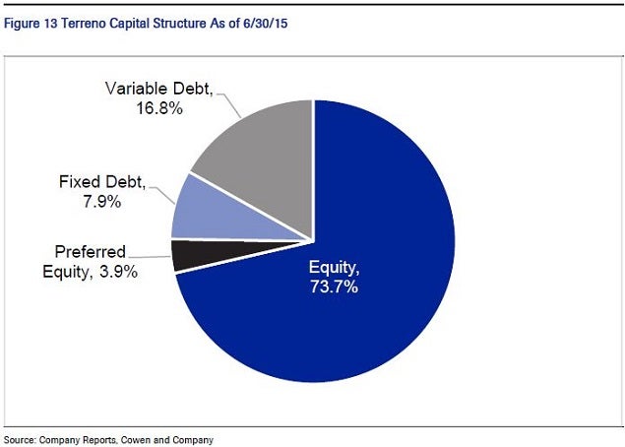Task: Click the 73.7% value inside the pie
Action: pos(334,287)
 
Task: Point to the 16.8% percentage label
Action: pos(159,108)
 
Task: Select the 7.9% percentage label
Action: pos(102,202)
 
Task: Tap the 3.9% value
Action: pos(118,272)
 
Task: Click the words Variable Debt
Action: pos(158,89)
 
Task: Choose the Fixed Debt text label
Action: pos(102,182)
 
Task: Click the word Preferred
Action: pos(91,252)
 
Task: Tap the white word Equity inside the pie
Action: pos(334,267)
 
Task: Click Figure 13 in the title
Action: pos(31,24)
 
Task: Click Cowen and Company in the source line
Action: pos(167,440)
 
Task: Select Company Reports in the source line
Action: pos(78,440)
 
